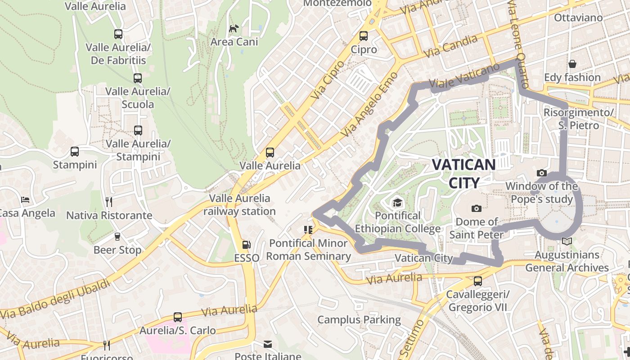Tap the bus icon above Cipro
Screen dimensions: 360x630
pyautogui.click(x=364, y=36)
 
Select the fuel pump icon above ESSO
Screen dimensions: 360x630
pyautogui.click(x=246, y=245)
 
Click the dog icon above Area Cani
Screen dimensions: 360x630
pyautogui.click(x=234, y=29)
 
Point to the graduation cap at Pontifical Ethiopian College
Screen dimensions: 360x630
pyautogui.click(x=397, y=203)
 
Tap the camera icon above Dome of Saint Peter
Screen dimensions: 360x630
pyautogui.click(x=477, y=208)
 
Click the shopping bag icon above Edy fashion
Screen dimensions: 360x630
pyautogui.click(x=572, y=64)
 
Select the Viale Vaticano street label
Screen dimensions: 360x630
pyautogui.click(x=464, y=76)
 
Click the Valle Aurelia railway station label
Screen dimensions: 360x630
pyautogui.click(x=239, y=205)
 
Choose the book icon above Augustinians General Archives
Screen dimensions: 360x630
pyautogui.click(x=567, y=242)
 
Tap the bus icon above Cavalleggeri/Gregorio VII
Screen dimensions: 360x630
pyautogui.click(x=478, y=281)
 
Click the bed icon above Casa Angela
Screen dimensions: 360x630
pyautogui.click(x=25, y=200)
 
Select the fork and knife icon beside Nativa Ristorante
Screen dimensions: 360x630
pyautogui.click(x=108, y=202)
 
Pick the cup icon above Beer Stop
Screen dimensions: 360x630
pyautogui.click(x=117, y=236)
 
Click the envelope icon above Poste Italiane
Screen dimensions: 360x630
pyautogui.click(x=268, y=344)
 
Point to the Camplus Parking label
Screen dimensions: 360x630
pyautogui.click(x=359, y=320)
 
